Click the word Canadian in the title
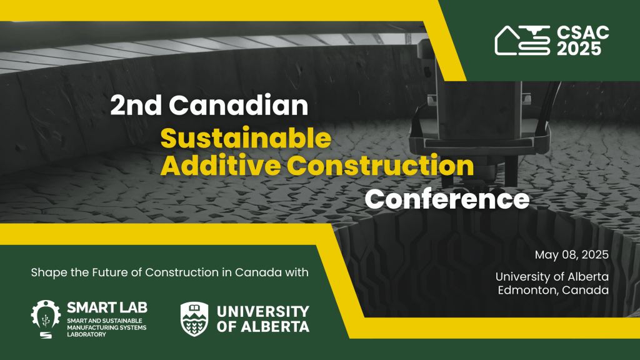point(238,105)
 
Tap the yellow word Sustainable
point(246,138)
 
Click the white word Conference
point(447,199)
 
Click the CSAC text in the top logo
point(583,32)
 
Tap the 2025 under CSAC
point(579,49)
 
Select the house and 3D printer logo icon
point(522,40)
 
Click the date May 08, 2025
point(572,255)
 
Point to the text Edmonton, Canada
point(553,290)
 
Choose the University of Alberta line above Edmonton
point(552,277)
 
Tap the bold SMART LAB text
point(107,307)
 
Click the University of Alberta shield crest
point(194,319)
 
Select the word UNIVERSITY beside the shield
point(263,312)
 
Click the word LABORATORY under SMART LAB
point(86,335)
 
